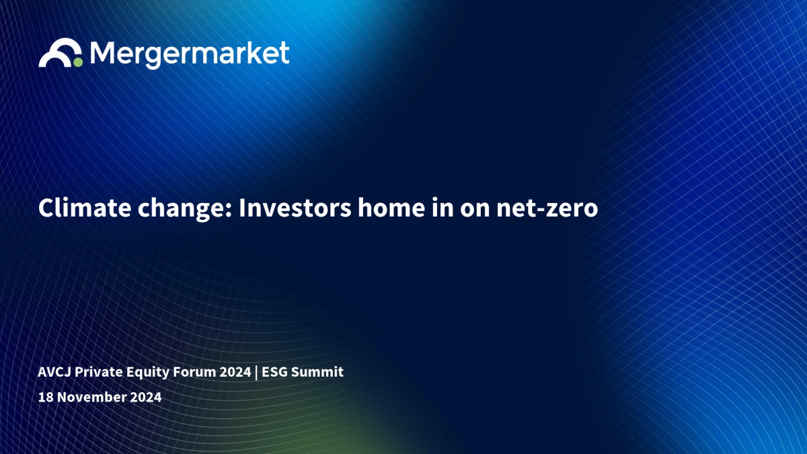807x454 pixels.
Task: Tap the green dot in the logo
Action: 78,63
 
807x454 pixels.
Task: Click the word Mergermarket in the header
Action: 190,54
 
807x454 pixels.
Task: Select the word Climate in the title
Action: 85,208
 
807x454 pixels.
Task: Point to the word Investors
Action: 295,208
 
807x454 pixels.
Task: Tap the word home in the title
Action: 391,208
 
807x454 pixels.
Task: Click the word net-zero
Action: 547,209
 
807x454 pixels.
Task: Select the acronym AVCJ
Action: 54,372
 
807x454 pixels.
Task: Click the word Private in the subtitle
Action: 99,372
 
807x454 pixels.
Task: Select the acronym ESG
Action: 274,372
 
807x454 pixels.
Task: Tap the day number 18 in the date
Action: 46,397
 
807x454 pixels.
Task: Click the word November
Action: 92,397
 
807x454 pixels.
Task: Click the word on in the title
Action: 475,210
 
